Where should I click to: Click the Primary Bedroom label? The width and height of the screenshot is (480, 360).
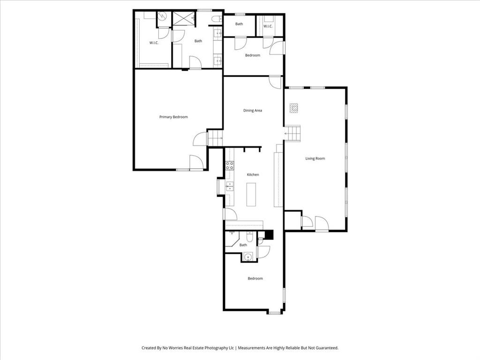(173, 117)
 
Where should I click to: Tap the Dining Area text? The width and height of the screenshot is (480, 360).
(252, 111)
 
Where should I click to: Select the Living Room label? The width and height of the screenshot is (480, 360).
(315, 158)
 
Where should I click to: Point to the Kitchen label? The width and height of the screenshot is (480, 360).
(253, 175)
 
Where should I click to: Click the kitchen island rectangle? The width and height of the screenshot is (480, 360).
(252, 194)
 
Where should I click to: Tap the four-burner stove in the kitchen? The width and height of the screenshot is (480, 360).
(230, 165)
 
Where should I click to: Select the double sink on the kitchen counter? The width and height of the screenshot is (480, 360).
(230, 187)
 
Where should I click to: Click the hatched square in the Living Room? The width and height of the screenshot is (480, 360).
(293, 108)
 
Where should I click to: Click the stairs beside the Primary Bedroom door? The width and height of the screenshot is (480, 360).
(215, 139)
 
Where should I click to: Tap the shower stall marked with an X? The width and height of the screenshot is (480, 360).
(183, 18)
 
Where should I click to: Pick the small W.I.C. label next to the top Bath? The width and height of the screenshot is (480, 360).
(268, 26)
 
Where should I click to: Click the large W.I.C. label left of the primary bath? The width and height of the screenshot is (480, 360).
(154, 43)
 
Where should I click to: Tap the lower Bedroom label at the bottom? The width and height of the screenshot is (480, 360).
(255, 278)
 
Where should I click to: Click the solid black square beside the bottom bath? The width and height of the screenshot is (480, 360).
(269, 235)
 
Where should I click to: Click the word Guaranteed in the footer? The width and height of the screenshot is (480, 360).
(326, 348)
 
